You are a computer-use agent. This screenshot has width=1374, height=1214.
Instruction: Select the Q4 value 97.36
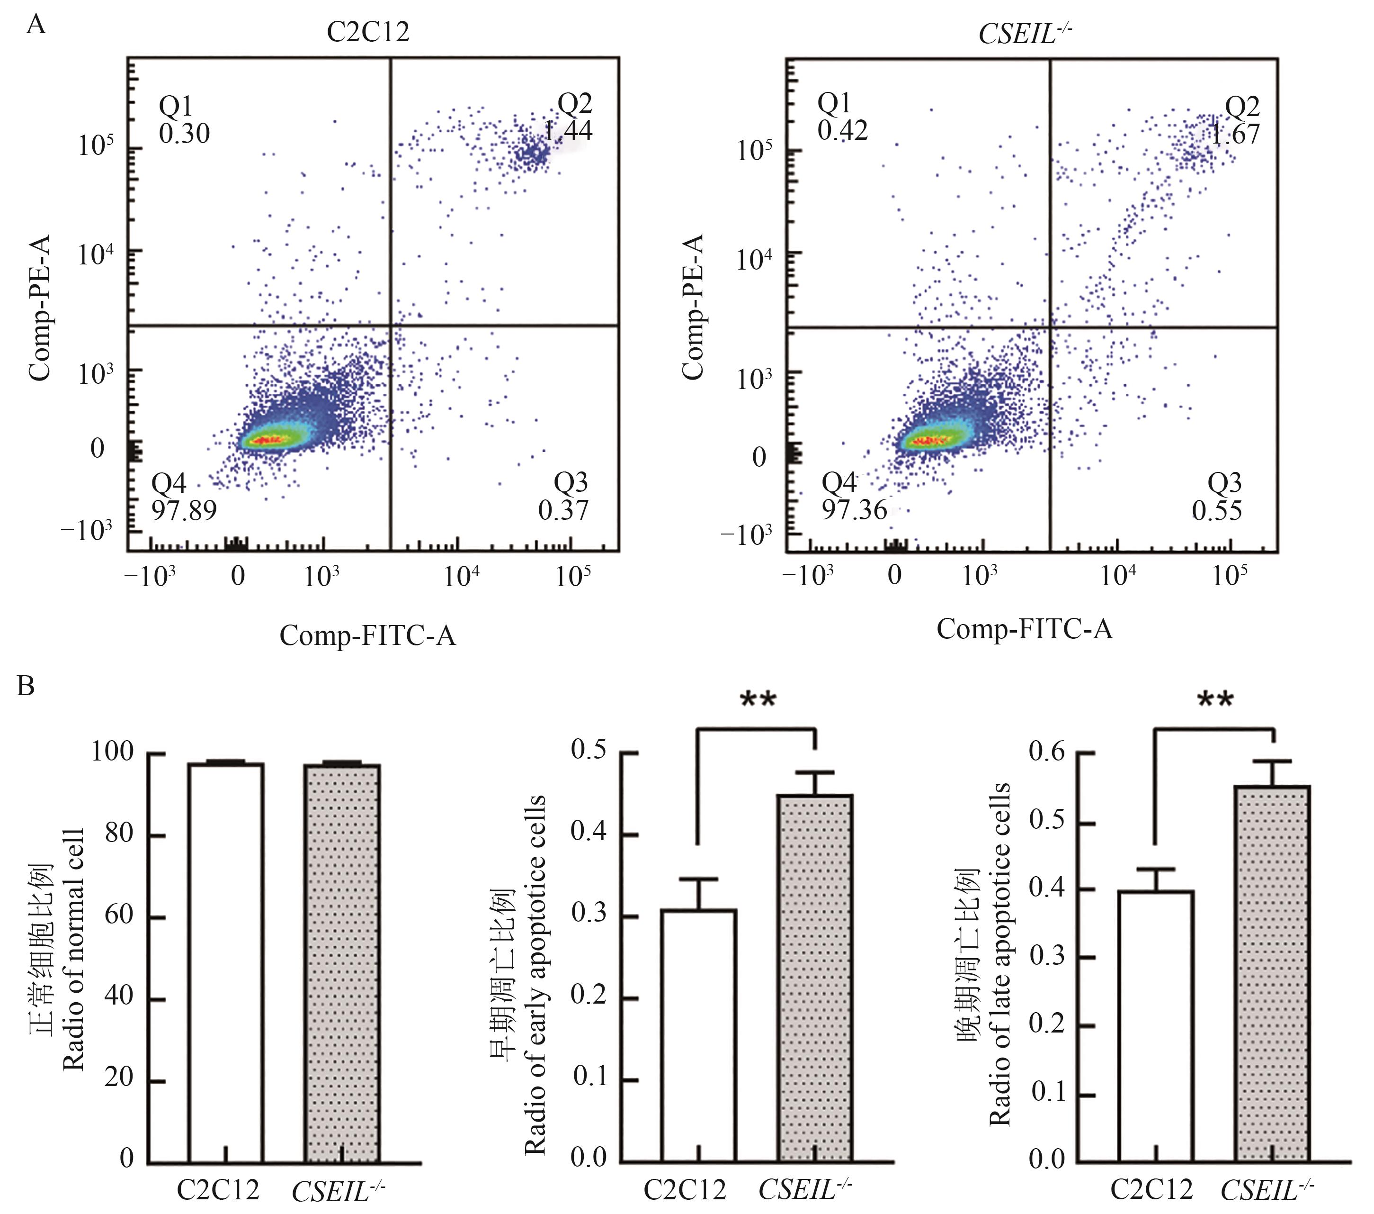854,510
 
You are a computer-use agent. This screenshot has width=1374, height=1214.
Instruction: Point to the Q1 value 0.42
842,130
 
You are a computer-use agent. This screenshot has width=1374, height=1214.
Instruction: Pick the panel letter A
36,26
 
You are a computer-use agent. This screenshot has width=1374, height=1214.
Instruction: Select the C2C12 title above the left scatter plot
368,32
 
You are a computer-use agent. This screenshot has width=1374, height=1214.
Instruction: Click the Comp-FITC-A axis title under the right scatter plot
1025,629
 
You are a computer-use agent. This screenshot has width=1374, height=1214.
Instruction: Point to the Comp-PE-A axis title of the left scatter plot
40,308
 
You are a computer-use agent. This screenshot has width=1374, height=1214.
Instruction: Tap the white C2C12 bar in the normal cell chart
226,962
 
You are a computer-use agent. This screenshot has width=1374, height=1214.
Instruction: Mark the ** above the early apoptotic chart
758,699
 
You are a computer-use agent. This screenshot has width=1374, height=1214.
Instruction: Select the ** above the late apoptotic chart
1215,699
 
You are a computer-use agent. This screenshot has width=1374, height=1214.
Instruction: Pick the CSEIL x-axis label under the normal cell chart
338,1191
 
